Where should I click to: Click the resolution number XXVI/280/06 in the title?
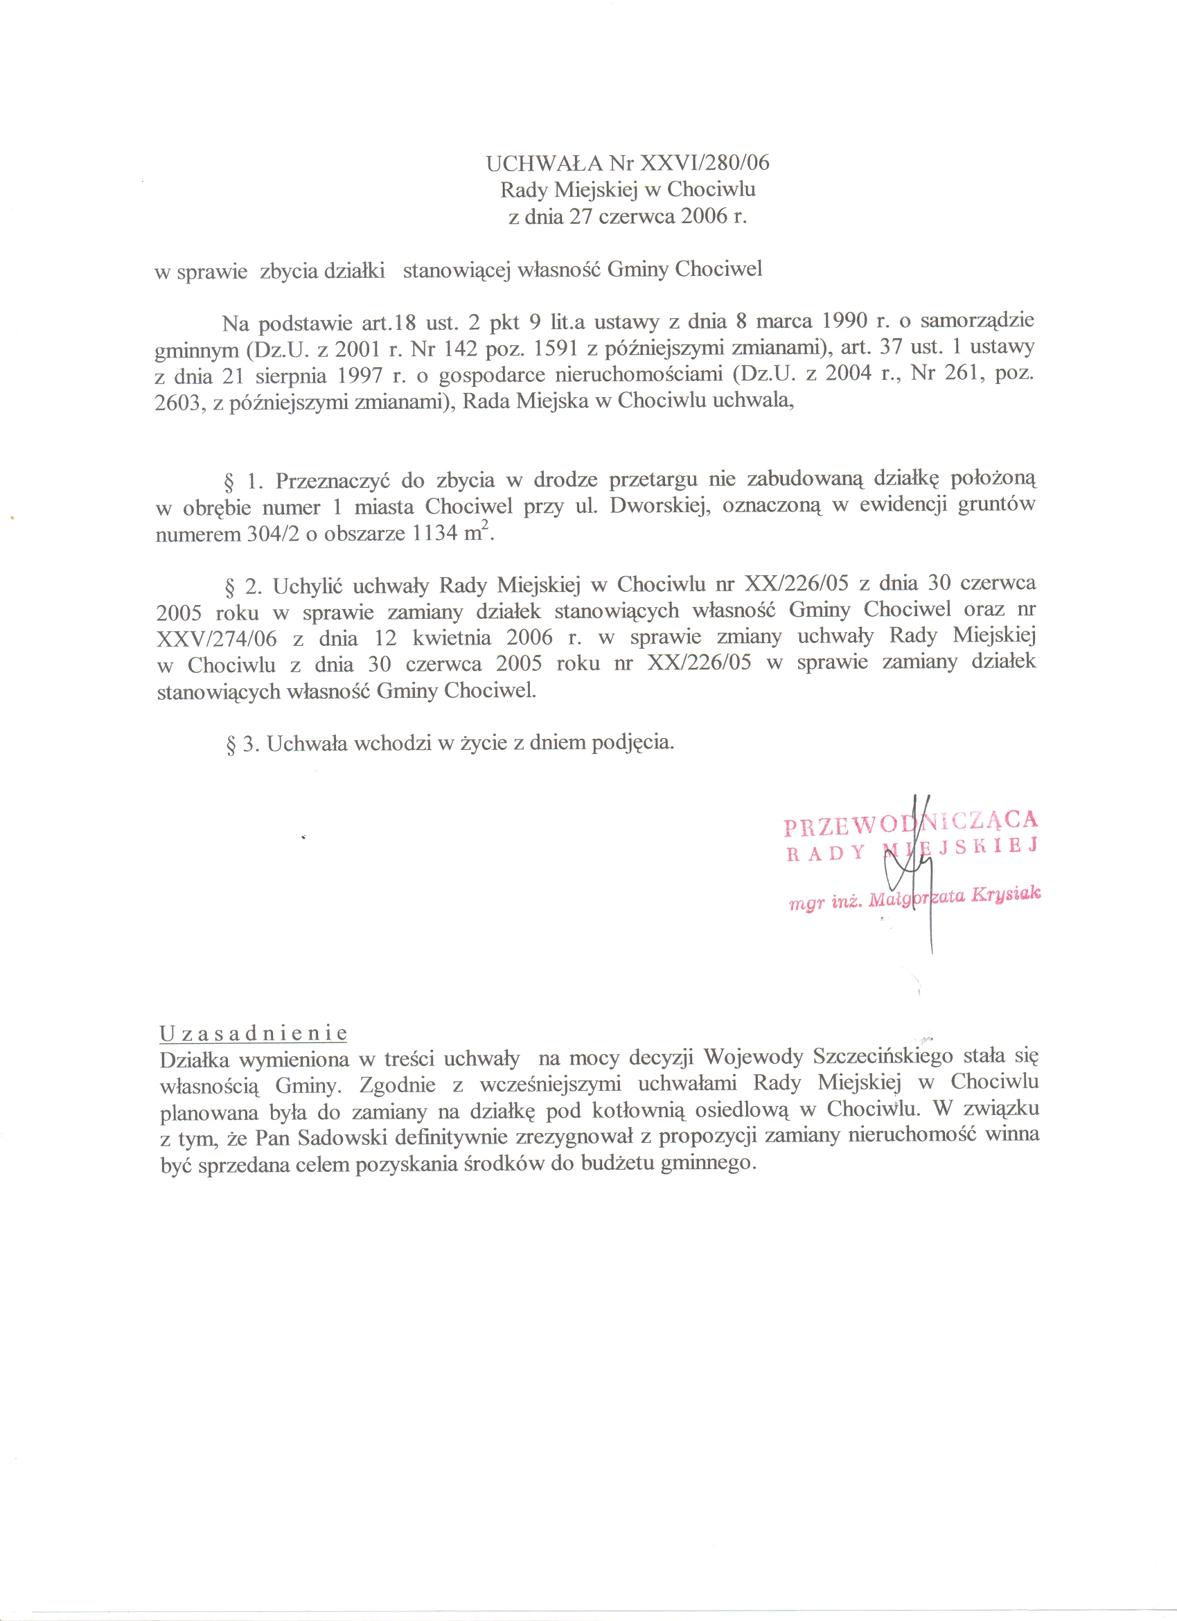tap(705, 163)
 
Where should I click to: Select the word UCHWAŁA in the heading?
tap(545, 163)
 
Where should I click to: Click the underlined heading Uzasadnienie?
tap(254, 1033)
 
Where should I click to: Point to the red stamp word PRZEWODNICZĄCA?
tap(910, 823)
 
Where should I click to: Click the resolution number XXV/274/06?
tap(217, 638)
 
